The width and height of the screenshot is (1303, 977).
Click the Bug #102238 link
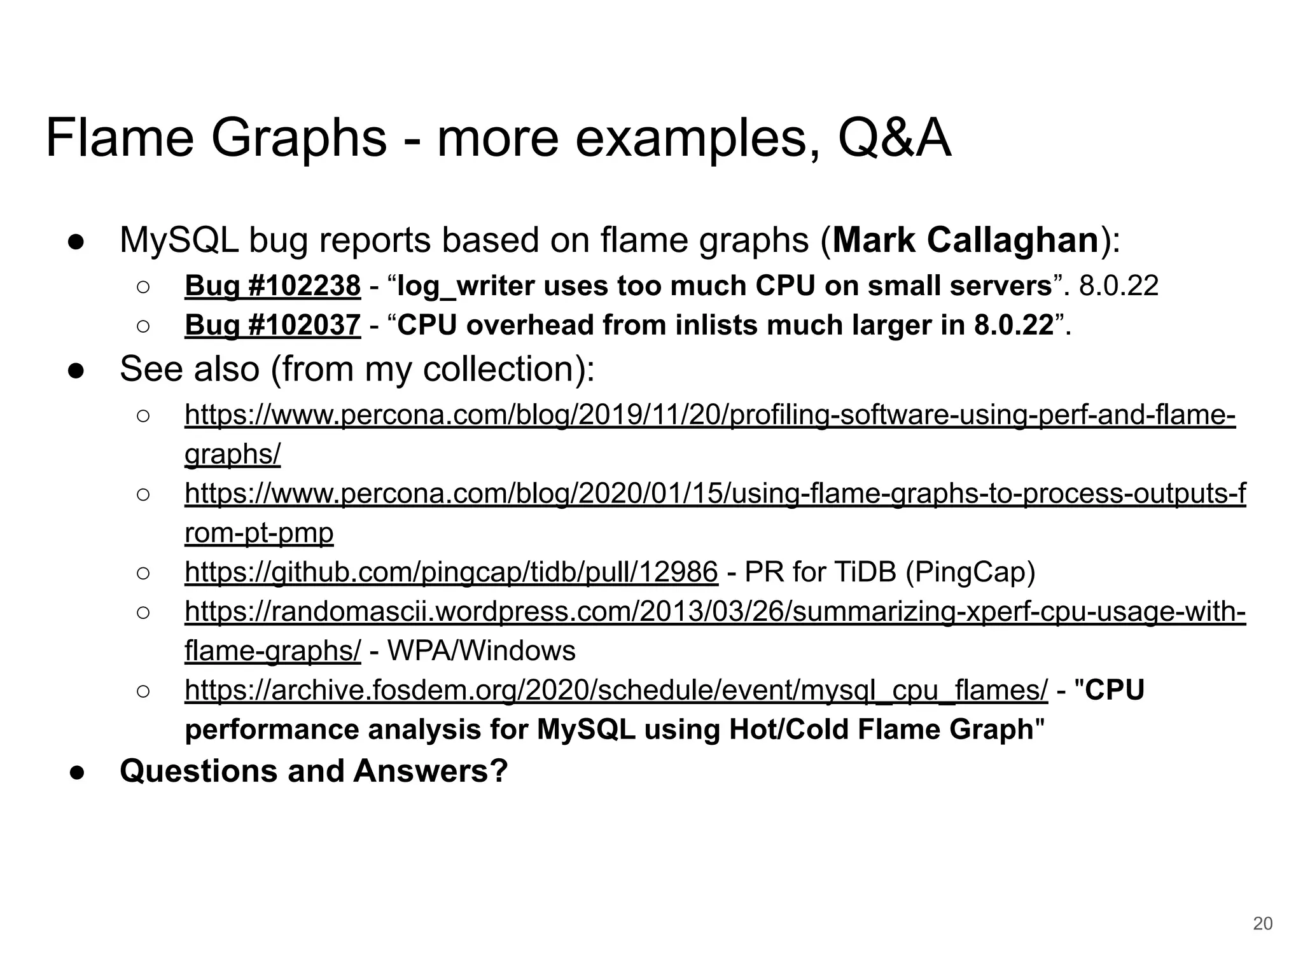(x=272, y=286)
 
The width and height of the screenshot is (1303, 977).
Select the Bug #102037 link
(x=272, y=326)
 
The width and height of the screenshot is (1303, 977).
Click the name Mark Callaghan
(x=966, y=240)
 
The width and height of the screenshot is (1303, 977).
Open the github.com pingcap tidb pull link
(x=451, y=572)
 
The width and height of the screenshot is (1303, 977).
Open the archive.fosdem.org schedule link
(x=616, y=690)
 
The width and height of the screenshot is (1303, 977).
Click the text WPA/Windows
(x=481, y=651)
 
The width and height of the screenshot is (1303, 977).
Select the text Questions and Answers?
(x=314, y=771)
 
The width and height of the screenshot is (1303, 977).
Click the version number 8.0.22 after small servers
(x=1118, y=286)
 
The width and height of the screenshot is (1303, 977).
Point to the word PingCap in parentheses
(x=970, y=572)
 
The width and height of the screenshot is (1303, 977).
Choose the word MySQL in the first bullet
(x=179, y=240)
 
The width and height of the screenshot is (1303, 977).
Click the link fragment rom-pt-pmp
(x=259, y=533)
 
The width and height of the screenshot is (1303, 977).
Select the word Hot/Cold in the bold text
(x=790, y=730)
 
